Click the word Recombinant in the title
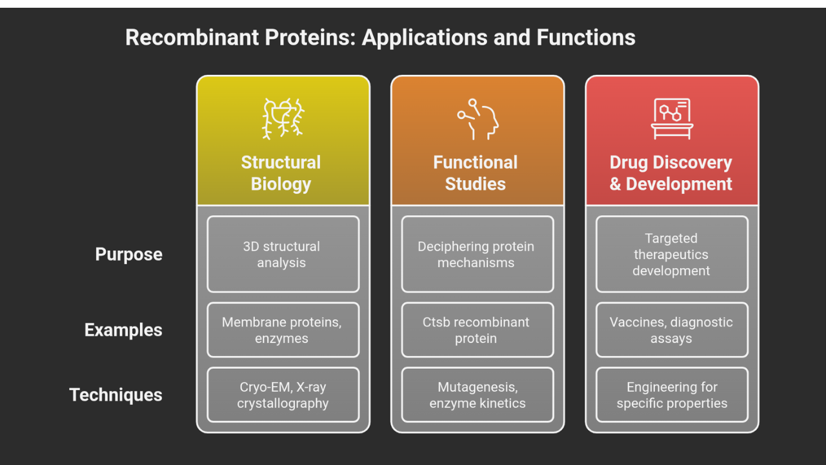[x=192, y=37]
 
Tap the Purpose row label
[x=128, y=254]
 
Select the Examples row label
[x=123, y=330]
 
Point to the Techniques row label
[x=116, y=395]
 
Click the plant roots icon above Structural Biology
[x=283, y=118]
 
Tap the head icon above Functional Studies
[x=478, y=119]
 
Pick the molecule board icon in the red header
[x=672, y=119]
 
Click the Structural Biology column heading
[x=281, y=173]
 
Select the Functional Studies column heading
[x=476, y=173]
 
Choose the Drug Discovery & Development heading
[x=670, y=173]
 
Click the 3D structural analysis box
[x=283, y=254]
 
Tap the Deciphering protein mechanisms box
[x=478, y=254]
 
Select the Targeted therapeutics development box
[x=672, y=254]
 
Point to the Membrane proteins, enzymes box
[x=283, y=330]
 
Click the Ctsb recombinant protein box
[x=478, y=330]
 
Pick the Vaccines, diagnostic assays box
[x=672, y=330]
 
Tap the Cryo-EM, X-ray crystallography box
[x=283, y=395]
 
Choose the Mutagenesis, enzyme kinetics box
[x=478, y=395]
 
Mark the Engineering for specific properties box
[x=672, y=395]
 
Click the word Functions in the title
[x=586, y=37]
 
